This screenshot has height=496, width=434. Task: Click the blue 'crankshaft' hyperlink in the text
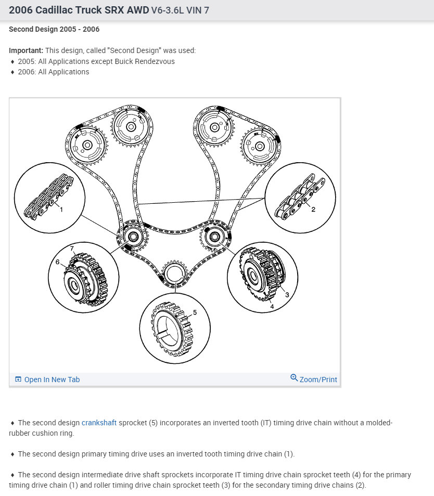pos(99,423)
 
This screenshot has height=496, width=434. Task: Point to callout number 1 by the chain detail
pos(61,210)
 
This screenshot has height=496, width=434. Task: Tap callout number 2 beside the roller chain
pos(313,209)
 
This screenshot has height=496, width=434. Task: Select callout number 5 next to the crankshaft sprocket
pos(195,312)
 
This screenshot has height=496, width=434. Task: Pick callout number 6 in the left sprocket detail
pos(58,262)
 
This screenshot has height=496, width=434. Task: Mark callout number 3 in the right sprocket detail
pos(286,295)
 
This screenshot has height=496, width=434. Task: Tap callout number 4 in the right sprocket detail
pos(272,307)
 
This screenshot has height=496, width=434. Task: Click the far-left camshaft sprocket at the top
pos(86,145)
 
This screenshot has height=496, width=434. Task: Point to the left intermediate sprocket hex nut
pos(135,237)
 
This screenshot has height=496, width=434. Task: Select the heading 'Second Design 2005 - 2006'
pos(54,29)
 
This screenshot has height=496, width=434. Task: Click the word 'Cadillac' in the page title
pos(58,10)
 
